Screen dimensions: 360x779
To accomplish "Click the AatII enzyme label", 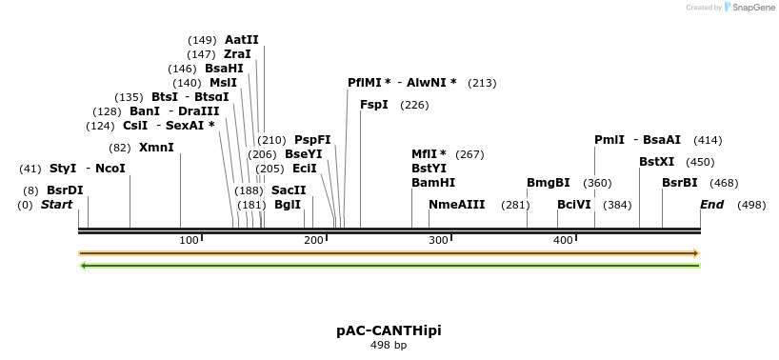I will (x=242, y=40).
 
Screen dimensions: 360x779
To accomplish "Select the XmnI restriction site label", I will (x=156, y=148).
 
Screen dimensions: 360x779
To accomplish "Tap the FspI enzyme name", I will (x=374, y=105).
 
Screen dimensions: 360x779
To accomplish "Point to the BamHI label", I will (x=433, y=183).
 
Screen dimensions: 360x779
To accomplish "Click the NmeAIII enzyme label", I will (x=457, y=205).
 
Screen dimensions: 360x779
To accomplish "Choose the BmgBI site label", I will (x=549, y=183).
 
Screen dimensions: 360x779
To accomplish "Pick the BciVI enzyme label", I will (x=574, y=205).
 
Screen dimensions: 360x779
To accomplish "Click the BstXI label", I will (x=656, y=162).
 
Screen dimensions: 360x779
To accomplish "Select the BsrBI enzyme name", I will (x=680, y=183).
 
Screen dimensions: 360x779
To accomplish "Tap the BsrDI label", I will (x=65, y=190).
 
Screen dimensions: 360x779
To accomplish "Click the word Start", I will (x=57, y=205).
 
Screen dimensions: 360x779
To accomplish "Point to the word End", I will (x=712, y=205).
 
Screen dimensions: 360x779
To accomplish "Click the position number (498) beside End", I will (x=751, y=205).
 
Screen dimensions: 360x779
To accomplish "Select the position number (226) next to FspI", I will (x=414, y=105).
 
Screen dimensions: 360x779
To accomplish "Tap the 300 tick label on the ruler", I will (x=439, y=240).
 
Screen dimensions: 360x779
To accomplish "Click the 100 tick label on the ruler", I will (x=189, y=240).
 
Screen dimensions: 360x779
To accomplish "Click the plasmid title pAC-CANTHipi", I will (x=389, y=330).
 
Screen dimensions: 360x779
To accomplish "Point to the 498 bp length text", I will (x=389, y=345).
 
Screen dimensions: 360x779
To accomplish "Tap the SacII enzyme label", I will (x=289, y=190).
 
